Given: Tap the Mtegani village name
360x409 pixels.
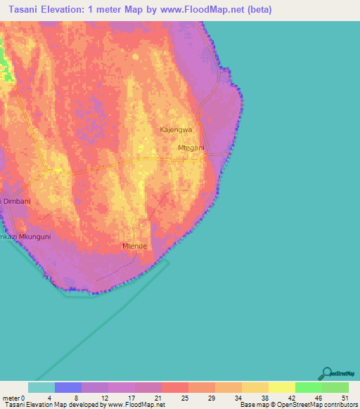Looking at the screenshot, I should click(x=191, y=148).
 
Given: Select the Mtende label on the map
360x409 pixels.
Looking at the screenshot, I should click(x=134, y=246).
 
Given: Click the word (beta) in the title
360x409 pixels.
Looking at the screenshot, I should click(x=259, y=10).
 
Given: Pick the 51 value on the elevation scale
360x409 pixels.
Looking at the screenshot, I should click(x=345, y=398).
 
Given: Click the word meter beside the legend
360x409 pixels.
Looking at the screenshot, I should click(x=12, y=398).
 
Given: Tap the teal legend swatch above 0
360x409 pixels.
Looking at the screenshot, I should click(x=41, y=387).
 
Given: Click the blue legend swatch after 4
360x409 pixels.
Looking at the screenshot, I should click(x=68, y=387).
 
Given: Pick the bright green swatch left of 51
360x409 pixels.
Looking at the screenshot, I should click(x=309, y=387).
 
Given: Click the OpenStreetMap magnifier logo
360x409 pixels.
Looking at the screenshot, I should click(x=326, y=373).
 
